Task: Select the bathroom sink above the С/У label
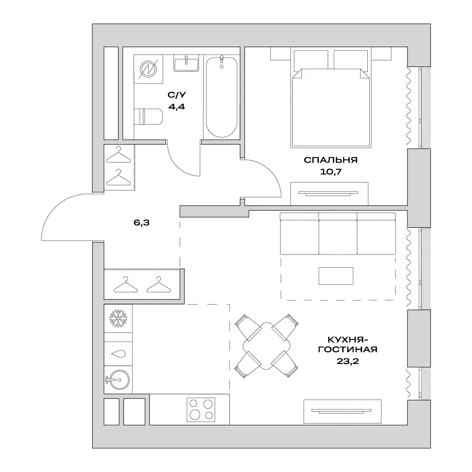pos(186,63)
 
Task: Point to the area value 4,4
pos(176,107)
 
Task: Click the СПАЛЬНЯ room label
pos(330,160)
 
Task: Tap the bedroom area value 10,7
pos(330,172)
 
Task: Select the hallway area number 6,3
pos(141,224)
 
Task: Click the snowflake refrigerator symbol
pos(118,318)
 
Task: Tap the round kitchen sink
pos(118,379)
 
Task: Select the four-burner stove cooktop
pos(201,409)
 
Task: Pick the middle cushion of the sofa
pos(337,233)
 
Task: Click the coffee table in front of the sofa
pos(336,276)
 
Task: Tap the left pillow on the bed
pos(311,59)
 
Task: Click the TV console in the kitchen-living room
pos(342,410)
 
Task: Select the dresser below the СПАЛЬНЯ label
pos(329,193)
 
